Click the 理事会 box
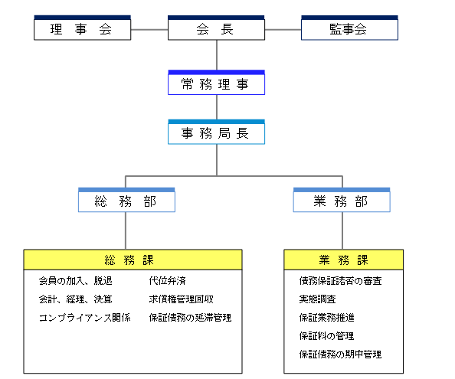83,28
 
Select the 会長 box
216,28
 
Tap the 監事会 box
349,28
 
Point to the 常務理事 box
216,83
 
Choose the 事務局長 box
216,132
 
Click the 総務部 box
126,200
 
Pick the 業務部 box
342,200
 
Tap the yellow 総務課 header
133,260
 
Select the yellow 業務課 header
344,260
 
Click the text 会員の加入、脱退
75,281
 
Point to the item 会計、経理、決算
75,299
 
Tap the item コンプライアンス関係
85,318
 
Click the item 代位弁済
168,281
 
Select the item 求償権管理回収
181,299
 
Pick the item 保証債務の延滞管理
191,318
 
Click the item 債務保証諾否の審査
340,281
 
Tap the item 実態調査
317,299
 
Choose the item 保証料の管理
327,336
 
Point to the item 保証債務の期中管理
340,354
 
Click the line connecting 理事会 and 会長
149,30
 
